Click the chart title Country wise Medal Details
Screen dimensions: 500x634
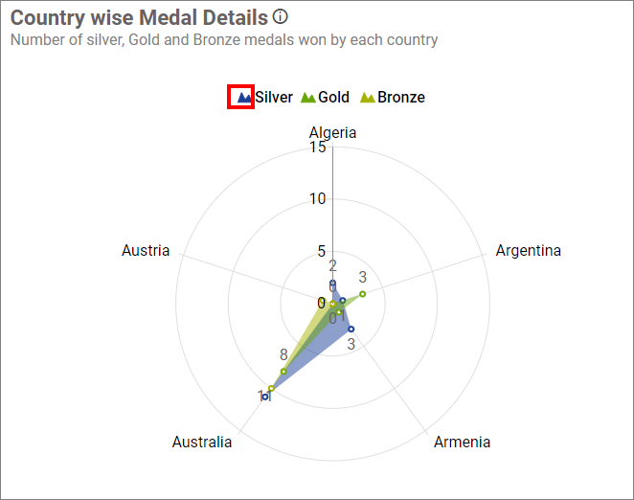tap(139, 17)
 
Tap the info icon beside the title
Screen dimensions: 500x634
tap(280, 16)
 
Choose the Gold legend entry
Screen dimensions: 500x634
tap(326, 97)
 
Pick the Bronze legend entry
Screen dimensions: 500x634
tap(393, 97)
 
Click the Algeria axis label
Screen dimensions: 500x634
tap(332, 132)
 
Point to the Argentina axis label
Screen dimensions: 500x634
tap(528, 251)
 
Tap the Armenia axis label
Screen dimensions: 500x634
tap(462, 442)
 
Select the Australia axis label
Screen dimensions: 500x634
tap(202, 442)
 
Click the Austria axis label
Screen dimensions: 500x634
tap(146, 251)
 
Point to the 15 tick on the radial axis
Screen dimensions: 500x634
tap(317, 147)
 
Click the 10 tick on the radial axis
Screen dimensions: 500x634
tap(317, 199)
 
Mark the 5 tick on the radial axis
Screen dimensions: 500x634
tap(321, 252)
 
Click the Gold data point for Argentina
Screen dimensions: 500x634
tap(363, 293)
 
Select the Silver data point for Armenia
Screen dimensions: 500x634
tap(351, 329)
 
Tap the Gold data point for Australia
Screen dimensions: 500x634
tap(283, 371)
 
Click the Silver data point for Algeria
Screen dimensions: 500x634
tap(332, 284)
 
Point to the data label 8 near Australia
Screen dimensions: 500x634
tap(283, 354)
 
